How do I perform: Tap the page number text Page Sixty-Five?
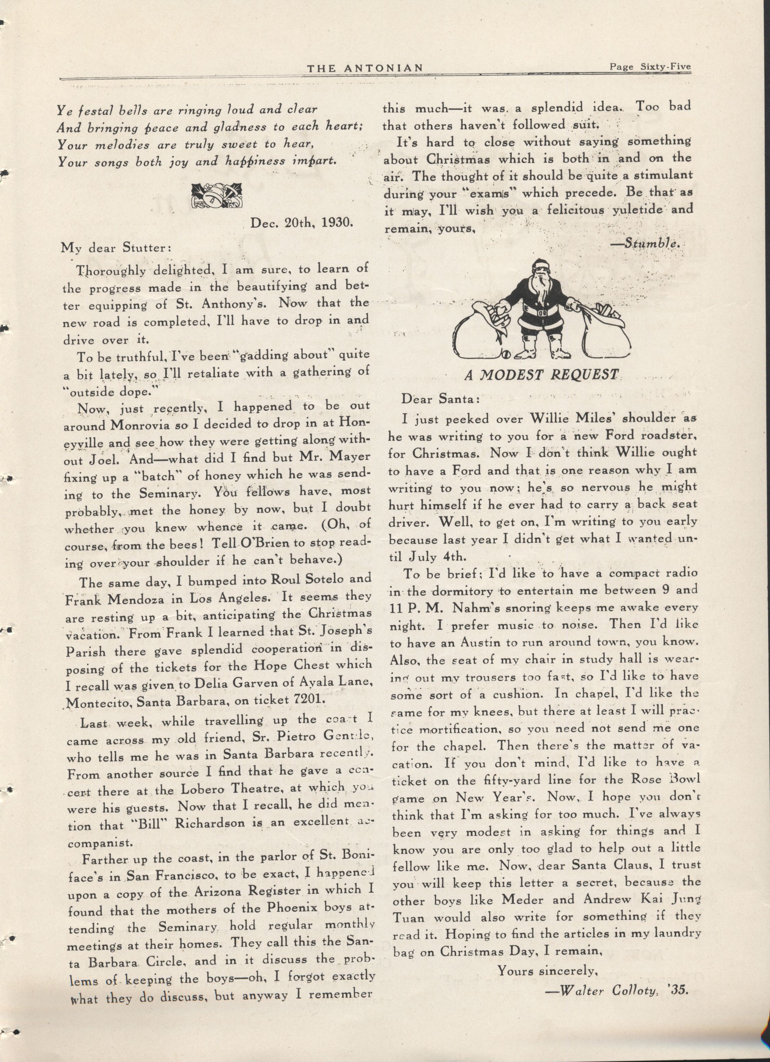(650, 67)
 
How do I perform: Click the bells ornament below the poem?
(215, 196)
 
